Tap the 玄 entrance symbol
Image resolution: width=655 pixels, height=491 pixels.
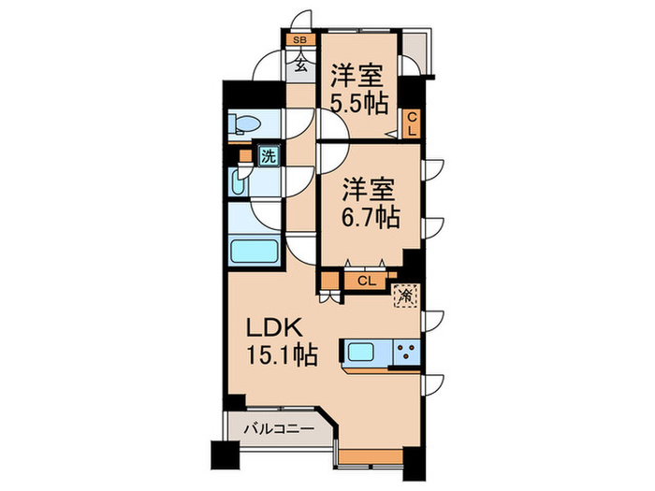[301, 65]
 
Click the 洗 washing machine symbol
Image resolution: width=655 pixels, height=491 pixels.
[269, 157]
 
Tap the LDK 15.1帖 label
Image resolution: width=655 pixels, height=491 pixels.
[280, 341]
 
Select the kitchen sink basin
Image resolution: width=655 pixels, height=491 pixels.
[361, 354]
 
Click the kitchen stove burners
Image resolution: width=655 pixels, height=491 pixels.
[408, 354]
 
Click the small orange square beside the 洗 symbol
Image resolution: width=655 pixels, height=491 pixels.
[245, 157]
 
